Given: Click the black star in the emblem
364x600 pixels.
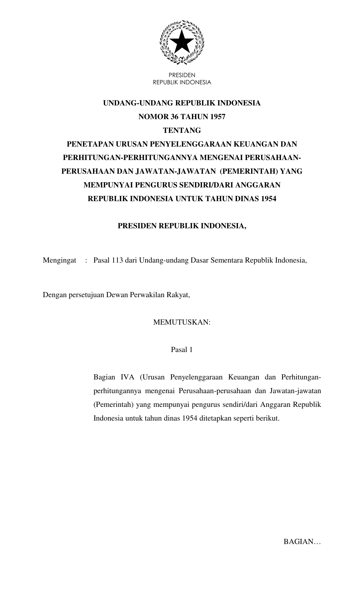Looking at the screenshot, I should click(182, 42).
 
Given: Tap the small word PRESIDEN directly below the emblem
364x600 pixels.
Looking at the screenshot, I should click(182, 75).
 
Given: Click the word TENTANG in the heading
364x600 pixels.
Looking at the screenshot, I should click(182, 131).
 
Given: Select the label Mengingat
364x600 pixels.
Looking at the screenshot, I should click(59, 261).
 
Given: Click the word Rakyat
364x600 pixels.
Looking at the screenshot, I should click(180, 295).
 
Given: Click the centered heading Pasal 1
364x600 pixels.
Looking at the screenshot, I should click(182, 350).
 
